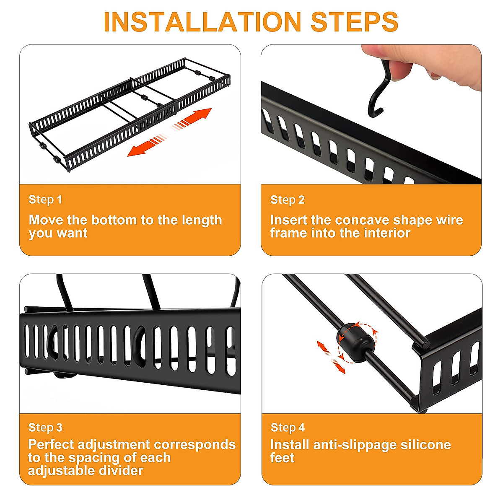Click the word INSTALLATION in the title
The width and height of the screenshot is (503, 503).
202,22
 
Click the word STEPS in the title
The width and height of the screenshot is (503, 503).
354,22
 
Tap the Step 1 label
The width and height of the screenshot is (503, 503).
45,200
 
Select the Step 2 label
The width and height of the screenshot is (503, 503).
287,200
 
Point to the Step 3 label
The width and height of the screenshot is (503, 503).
45,428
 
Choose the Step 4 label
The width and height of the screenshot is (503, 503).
288,428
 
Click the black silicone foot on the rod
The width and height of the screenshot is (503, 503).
354,342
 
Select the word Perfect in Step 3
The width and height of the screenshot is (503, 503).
51,445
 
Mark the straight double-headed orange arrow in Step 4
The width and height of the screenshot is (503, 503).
331,357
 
